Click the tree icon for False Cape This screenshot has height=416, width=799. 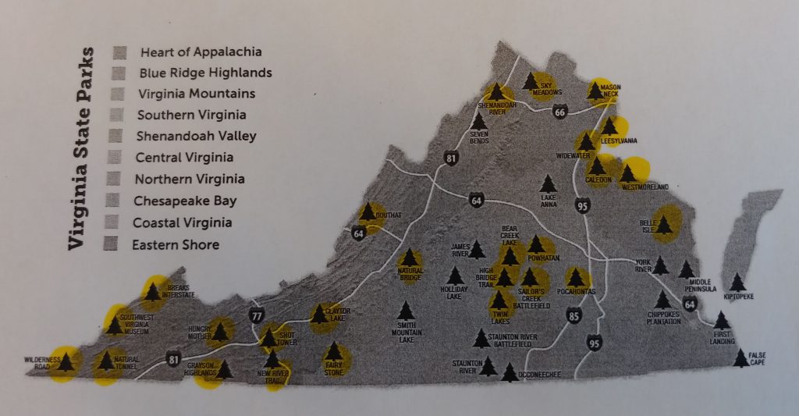(x=740, y=358)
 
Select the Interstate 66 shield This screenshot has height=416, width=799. (x=559, y=113)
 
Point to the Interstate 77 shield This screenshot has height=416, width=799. (x=256, y=315)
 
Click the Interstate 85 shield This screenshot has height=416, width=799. (x=574, y=315)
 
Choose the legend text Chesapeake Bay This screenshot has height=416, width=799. (x=184, y=201)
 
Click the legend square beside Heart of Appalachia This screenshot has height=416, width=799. (x=119, y=52)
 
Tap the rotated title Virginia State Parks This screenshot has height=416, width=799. (x=78, y=148)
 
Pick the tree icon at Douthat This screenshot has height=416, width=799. (x=368, y=212)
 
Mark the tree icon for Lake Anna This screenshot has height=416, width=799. (x=549, y=183)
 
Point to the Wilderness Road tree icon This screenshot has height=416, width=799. (x=66, y=361)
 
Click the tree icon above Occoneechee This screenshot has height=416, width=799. (x=510, y=372)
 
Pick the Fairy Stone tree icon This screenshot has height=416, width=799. (x=333, y=352)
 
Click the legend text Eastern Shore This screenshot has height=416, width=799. (x=176, y=245)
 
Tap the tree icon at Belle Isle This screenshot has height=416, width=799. (x=664, y=226)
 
